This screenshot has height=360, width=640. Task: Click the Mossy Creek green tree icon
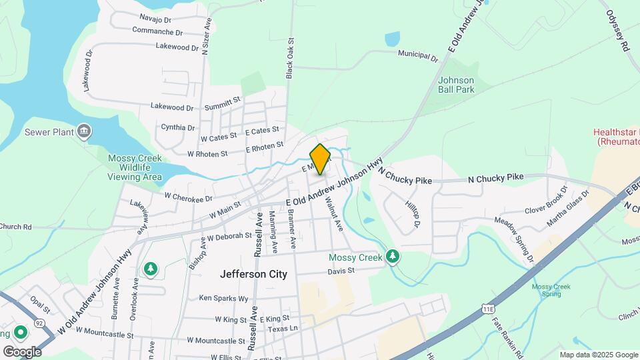(393, 256)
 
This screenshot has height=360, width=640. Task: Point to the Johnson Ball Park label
(457, 85)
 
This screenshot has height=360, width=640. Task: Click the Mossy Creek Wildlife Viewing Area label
(135, 167)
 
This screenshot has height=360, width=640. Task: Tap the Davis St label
(341, 271)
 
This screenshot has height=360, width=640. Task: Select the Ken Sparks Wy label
(223, 298)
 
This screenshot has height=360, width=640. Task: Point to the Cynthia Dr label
(178, 127)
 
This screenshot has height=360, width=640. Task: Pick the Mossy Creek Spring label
(551, 291)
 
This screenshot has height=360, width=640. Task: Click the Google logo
(22, 351)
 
